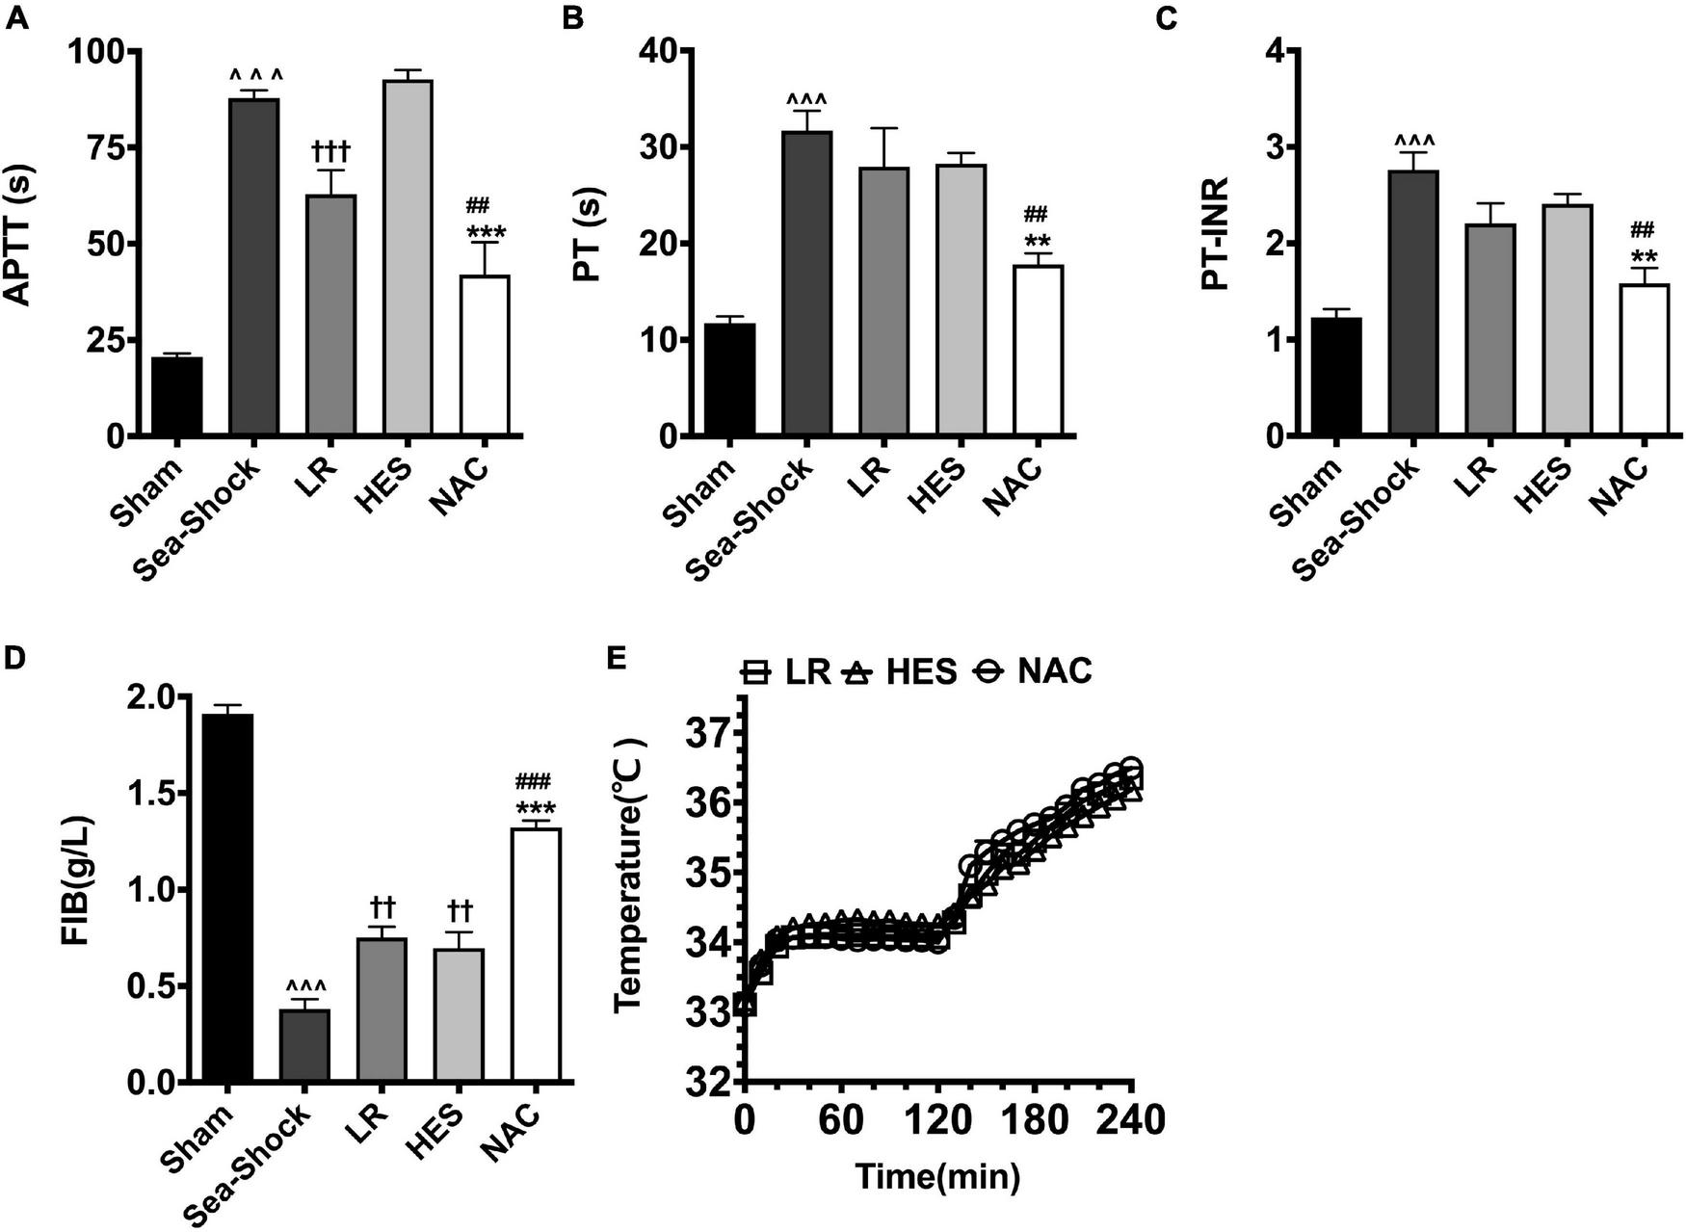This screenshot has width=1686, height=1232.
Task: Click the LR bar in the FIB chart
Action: pyautogui.click(x=382, y=1010)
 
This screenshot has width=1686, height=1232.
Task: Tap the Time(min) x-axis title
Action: pyautogui.click(x=937, y=1176)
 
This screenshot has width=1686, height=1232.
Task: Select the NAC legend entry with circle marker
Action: pyautogui.click(x=1033, y=671)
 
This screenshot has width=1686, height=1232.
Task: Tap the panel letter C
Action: pyautogui.click(x=1168, y=18)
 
